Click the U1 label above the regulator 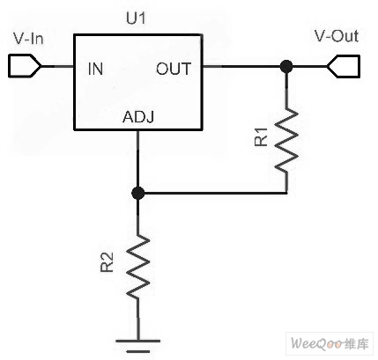(x=136, y=18)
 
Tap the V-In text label (x=28, y=39)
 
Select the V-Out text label (x=337, y=36)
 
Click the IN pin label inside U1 (x=95, y=69)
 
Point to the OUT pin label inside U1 (x=174, y=69)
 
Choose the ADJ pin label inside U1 (x=138, y=117)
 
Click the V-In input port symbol (x=25, y=66)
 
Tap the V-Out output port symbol (x=344, y=66)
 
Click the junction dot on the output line (x=286, y=67)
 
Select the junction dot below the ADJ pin (x=137, y=193)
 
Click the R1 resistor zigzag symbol (x=286, y=139)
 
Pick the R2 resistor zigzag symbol (x=137, y=266)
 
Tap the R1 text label (x=261, y=136)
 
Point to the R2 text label (x=107, y=262)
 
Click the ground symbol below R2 (x=137, y=346)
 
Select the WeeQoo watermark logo (x=330, y=343)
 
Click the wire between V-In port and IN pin (x=57, y=66)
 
